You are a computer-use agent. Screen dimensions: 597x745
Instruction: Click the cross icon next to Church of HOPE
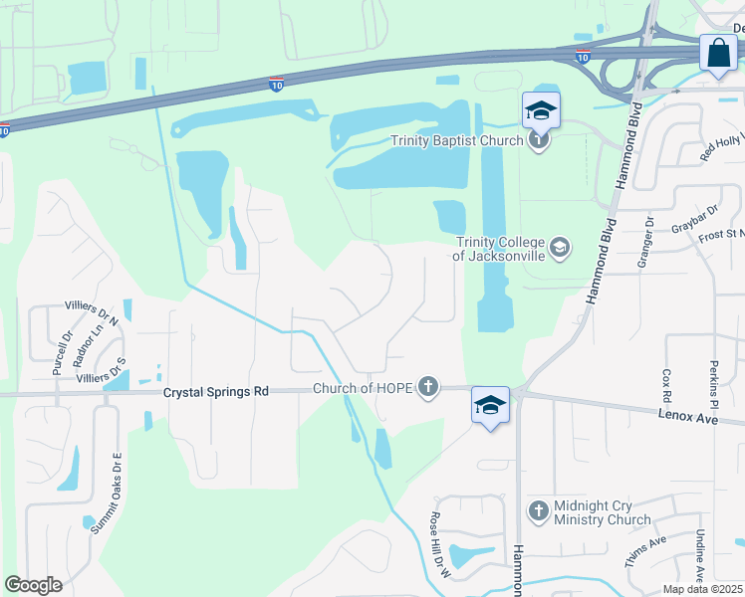click(x=428, y=387)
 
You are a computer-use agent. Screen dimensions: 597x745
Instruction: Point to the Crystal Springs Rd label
click(x=216, y=393)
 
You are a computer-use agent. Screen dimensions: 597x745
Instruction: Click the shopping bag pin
click(x=718, y=53)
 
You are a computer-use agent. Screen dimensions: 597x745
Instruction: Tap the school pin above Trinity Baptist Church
click(x=540, y=109)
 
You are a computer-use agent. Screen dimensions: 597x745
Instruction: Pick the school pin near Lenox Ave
click(x=490, y=405)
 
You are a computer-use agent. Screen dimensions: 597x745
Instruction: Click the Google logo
click(x=33, y=585)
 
